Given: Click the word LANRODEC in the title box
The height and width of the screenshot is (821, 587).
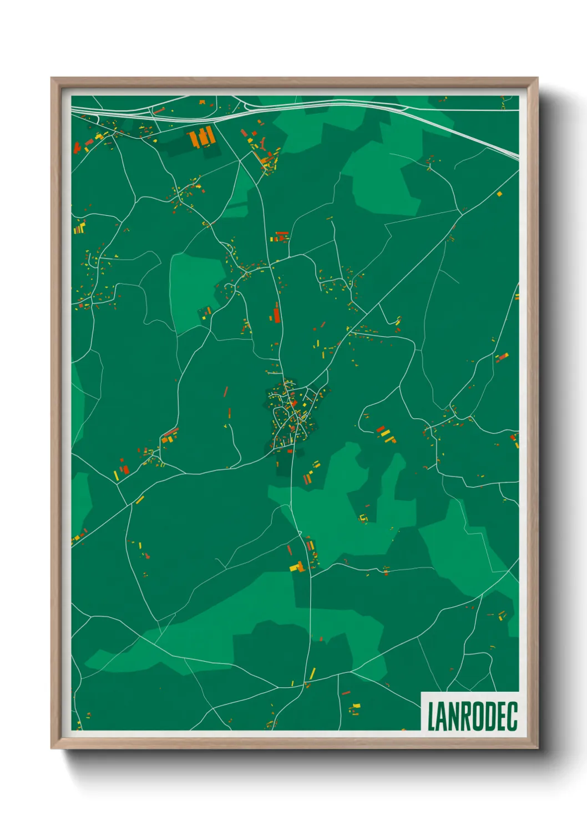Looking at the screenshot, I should (x=472, y=716).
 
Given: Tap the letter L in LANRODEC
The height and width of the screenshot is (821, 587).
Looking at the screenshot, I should (x=431, y=716).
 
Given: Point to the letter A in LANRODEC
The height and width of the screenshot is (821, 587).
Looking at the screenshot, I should (x=442, y=716).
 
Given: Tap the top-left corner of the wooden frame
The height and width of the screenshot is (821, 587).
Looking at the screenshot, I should (x=52, y=79).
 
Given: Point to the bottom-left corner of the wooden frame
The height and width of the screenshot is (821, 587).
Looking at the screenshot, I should (x=52, y=747).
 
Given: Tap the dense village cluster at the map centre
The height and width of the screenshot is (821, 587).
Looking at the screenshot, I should (x=291, y=413).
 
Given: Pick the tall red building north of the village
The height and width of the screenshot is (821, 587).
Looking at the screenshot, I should (x=276, y=315).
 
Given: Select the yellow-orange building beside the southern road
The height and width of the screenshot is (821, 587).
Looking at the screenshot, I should (x=298, y=567).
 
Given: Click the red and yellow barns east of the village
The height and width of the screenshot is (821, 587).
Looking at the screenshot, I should (x=386, y=434).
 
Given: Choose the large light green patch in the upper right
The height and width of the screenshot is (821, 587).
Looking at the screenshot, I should (x=383, y=178).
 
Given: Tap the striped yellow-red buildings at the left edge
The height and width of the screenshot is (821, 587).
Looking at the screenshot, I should (x=79, y=227).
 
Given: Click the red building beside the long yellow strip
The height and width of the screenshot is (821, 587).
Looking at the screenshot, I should (x=125, y=470).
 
